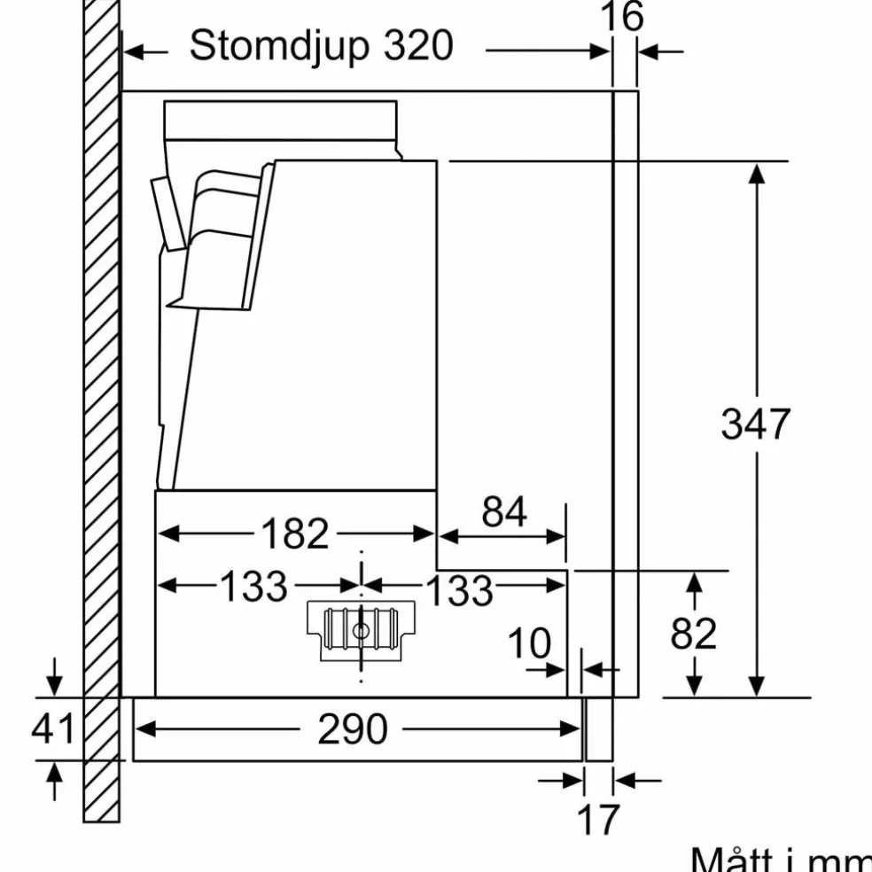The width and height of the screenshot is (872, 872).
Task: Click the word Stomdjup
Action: coord(279,46)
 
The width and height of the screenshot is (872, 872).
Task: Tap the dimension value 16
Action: coord(622,16)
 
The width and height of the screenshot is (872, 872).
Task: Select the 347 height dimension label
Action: coord(755,424)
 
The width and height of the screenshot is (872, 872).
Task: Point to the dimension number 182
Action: coord(295,533)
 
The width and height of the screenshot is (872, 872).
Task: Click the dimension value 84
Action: coord(504,512)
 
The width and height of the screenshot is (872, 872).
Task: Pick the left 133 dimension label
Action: coord(253,586)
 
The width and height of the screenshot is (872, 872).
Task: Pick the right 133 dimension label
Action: coord(459,589)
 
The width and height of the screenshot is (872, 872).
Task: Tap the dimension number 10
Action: coord(529,643)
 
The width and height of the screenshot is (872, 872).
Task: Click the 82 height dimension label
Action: coord(694,634)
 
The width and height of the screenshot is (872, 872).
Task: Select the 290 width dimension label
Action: coord(352,728)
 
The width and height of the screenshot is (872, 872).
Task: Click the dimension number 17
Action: coord(598,819)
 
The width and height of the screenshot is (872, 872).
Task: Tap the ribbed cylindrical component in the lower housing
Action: coord(361,629)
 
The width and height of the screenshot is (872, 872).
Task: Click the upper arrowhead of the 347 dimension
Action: coord(756,174)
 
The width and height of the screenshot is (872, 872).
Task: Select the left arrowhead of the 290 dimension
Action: coord(145,728)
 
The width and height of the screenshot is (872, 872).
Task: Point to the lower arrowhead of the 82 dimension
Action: coord(694,686)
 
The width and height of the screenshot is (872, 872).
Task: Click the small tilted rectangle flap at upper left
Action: coord(168,214)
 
